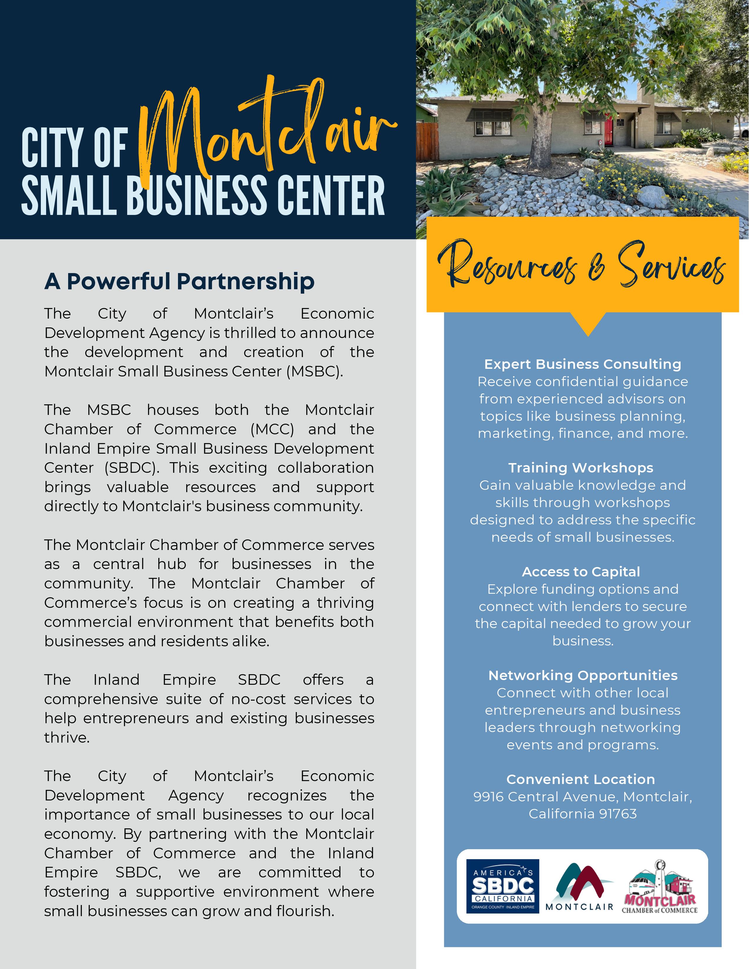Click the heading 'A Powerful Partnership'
179,281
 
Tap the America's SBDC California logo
502,886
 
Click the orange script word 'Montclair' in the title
266,133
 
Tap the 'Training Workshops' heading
581,468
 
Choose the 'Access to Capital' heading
581,572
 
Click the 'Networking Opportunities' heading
583,675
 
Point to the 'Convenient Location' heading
580,780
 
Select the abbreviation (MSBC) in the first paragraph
315,371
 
